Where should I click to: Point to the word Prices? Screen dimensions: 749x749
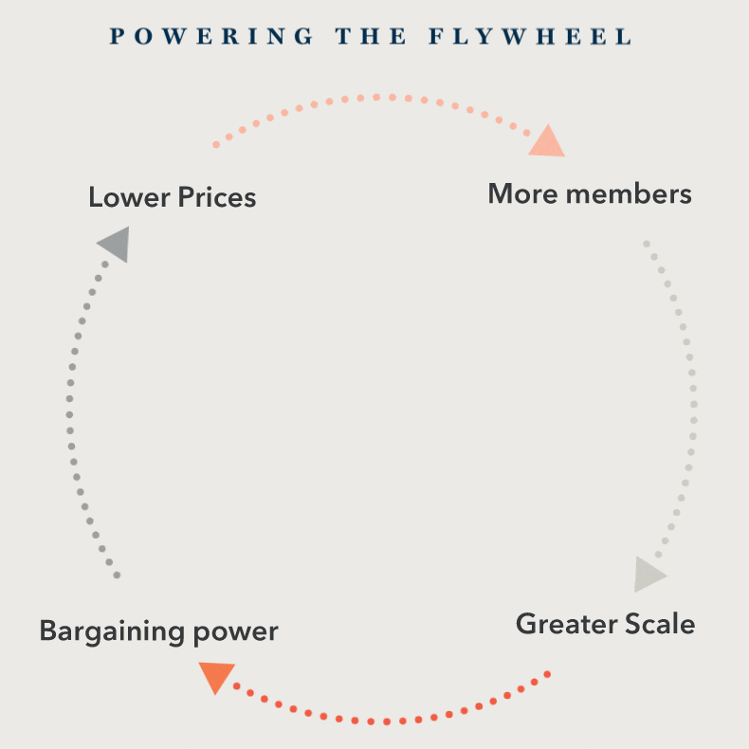(217, 197)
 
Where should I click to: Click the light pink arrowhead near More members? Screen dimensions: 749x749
(547, 142)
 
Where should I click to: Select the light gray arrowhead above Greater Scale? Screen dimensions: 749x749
(649, 575)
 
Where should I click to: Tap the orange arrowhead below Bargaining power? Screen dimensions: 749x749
(216, 677)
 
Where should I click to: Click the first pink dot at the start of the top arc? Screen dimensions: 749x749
(216, 145)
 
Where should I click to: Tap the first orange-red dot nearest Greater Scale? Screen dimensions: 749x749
(547, 674)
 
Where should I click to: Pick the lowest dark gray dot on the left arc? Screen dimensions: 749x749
(117, 575)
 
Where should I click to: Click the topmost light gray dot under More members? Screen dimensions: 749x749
(647, 244)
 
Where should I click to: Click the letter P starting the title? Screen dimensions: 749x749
(117, 37)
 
